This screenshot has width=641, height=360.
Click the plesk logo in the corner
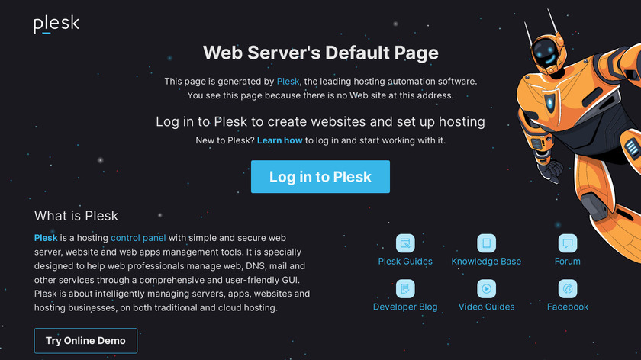(x=56, y=24)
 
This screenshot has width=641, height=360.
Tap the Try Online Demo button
(x=85, y=341)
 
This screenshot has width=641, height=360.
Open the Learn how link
(x=279, y=140)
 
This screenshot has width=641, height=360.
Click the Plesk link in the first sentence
(x=288, y=82)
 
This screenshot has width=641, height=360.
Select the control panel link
(x=138, y=238)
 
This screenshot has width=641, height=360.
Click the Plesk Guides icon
(x=405, y=243)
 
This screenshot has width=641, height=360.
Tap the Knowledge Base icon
(x=487, y=243)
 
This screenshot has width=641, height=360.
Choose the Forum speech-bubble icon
(x=568, y=243)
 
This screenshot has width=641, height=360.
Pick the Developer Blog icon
(x=405, y=288)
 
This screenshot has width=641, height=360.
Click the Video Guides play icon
(x=487, y=288)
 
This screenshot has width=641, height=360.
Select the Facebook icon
(x=568, y=288)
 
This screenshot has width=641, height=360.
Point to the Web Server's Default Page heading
(x=320, y=53)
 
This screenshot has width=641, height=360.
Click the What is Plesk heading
(x=76, y=216)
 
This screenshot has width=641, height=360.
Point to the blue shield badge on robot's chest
(x=550, y=101)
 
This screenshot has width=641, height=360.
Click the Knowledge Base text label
(x=486, y=262)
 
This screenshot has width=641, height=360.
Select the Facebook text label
(x=568, y=307)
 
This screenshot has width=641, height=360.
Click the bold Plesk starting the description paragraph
(x=46, y=238)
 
